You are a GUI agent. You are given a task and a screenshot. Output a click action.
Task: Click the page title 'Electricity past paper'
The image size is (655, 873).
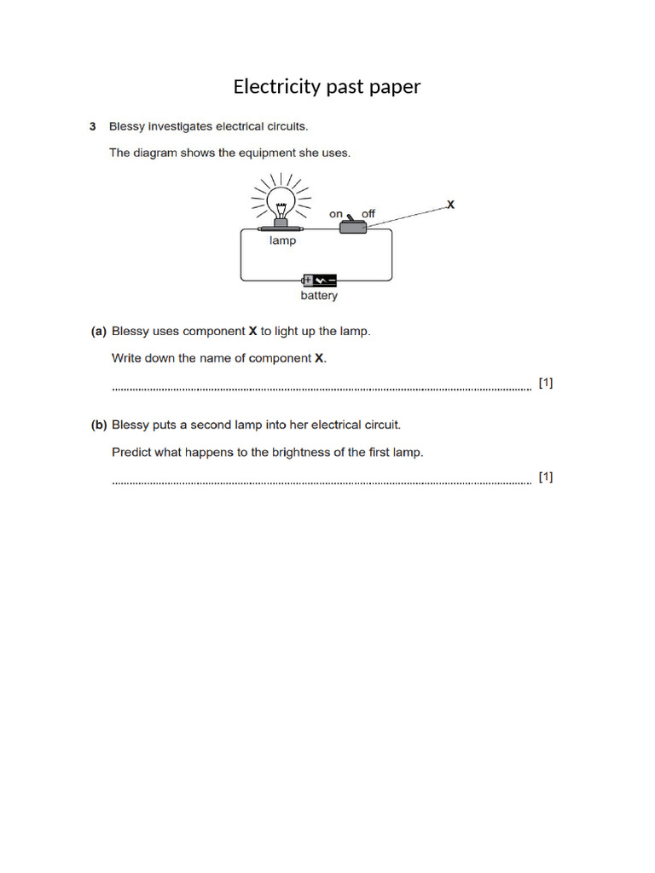coord(327,87)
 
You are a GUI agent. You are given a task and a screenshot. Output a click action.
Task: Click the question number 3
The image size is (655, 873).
coord(93,127)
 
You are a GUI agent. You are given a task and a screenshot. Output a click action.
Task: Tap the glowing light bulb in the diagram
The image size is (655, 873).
coord(281,202)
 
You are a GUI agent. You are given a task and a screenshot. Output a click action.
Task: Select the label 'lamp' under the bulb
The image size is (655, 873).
coord(282,241)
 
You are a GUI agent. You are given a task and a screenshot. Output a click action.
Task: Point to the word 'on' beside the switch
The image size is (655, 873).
coord(336,214)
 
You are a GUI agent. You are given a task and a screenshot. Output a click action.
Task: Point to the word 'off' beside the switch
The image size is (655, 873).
coord(368,214)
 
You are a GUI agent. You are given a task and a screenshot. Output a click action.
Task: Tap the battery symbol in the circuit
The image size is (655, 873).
coord(320,280)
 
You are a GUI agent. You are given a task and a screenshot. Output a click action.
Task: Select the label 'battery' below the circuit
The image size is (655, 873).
coord(319,296)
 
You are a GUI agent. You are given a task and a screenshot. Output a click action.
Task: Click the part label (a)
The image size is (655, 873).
coord(99,331)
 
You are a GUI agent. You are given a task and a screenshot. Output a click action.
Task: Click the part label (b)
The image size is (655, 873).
coord(99,425)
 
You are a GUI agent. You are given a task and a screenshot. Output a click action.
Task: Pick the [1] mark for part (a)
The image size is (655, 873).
coord(545,383)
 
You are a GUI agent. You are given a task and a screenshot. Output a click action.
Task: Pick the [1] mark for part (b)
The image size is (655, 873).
coord(545,477)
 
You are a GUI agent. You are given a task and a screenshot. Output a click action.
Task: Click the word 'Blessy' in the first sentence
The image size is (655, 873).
coord(127,127)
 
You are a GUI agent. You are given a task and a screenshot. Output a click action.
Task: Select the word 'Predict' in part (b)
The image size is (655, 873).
coord(131,452)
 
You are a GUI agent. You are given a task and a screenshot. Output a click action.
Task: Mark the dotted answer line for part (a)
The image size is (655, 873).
coord(321,388)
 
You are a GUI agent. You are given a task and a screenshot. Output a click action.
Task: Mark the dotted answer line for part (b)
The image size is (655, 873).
coord(321,482)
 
